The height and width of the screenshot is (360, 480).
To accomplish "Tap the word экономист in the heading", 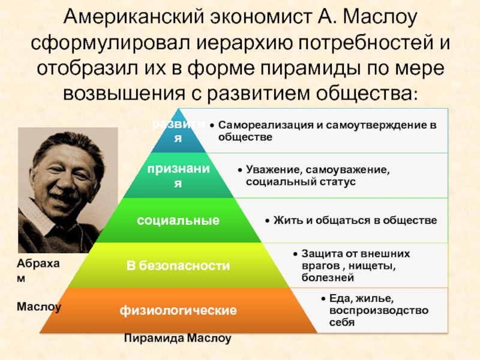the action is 261,17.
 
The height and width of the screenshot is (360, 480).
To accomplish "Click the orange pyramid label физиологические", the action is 178,310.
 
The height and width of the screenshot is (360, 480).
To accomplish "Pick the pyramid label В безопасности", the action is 178,266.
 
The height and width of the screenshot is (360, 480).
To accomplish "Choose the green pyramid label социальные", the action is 178,220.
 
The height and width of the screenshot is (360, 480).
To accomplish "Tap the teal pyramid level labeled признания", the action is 178,176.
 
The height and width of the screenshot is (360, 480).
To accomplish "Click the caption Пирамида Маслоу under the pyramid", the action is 178,338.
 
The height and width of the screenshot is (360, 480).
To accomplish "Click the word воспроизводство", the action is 379,310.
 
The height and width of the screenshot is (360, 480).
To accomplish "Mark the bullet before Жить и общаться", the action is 267,221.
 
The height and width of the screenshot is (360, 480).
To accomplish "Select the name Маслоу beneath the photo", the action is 39,307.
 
